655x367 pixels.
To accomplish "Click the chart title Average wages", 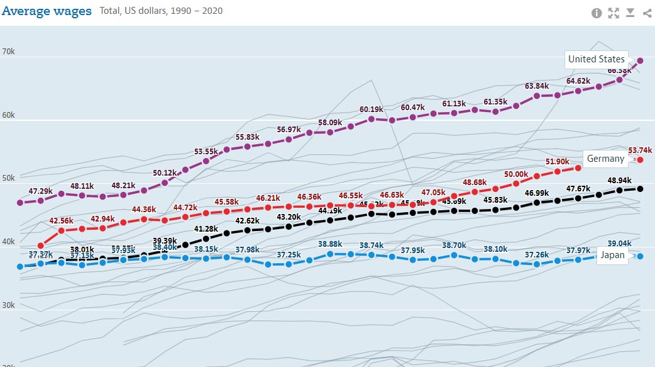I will coord(47,11).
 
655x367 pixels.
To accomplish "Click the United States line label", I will coord(596,59).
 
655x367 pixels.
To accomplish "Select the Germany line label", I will coord(605,159).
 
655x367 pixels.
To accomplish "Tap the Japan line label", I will coord(612,255).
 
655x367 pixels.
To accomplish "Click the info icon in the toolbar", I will coord(597,13).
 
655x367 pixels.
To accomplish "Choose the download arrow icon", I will coord(630,13).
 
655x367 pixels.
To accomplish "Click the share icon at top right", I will coord(647,13).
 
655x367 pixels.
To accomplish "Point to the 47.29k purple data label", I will coord(41,191).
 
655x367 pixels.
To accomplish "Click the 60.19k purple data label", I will coord(372,109).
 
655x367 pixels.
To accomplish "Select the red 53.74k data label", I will coord(640,150).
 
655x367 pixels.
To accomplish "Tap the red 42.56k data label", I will coord(62,220).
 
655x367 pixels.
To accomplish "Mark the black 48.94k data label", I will coord(619,180).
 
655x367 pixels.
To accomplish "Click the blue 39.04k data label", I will coord(619,244).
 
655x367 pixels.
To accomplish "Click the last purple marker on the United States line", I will coord(640,60).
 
